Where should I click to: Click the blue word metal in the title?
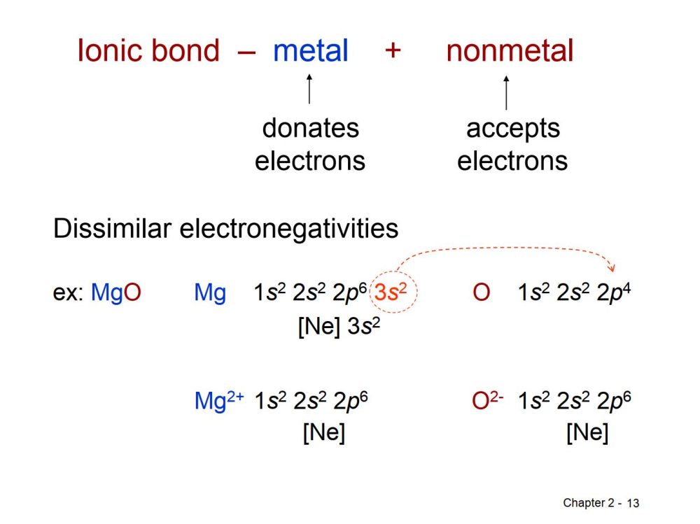[311, 50]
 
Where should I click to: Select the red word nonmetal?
[510, 50]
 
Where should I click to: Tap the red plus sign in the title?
[393, 50]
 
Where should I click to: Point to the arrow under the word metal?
[309, 89]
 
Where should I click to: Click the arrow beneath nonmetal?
[506, 92]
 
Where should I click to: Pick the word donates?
[311, 129]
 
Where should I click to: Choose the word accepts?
[513, 129]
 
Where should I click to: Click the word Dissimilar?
[112, 229]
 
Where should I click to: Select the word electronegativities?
[289, 229]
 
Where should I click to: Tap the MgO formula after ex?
[116, 293]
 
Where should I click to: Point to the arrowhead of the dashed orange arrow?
[612, 268]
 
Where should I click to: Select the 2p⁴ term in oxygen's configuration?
[614, 293]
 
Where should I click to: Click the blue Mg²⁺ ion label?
[219, 400]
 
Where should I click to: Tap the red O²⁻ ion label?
[487, 400]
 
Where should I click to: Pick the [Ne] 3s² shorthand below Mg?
[339, 326]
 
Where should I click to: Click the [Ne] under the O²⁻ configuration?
[587, 432]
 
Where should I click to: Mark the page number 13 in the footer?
[633, 504]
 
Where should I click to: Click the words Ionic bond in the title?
[148, 50]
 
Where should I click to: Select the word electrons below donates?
[310, 161]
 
